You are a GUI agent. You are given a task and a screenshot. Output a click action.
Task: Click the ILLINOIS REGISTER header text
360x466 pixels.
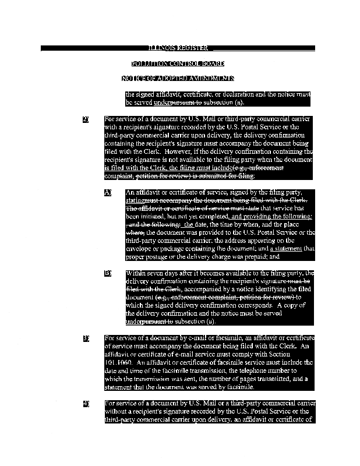pyautogui.click(x=178, y=48)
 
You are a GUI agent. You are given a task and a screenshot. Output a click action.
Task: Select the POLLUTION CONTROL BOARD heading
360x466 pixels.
pyautogui.click(x=178, y=63)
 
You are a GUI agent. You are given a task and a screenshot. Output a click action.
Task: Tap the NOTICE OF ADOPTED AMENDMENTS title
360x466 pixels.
pyautogui.click(x=178, y=78)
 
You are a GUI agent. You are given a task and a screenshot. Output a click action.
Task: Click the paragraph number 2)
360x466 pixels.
pyautogui.click(x=86, y=119)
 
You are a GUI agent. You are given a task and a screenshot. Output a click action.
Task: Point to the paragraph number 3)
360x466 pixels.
pyautogui.click(x=86, y=338)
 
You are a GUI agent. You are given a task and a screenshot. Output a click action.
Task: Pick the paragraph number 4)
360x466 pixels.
pyautogui.click(x=86, y=403)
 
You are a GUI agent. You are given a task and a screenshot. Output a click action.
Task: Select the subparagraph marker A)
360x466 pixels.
pyautogui.click(x=108, y=192)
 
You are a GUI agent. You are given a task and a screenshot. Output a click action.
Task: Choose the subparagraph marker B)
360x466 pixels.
pyautogui.click(x=108, y=273)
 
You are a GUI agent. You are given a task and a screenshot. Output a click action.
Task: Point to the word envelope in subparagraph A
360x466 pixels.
pyautogui.click(x=139, y=248)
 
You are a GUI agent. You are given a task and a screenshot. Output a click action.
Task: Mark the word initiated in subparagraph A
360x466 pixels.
pyautogui.click(x=164, y=216)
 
